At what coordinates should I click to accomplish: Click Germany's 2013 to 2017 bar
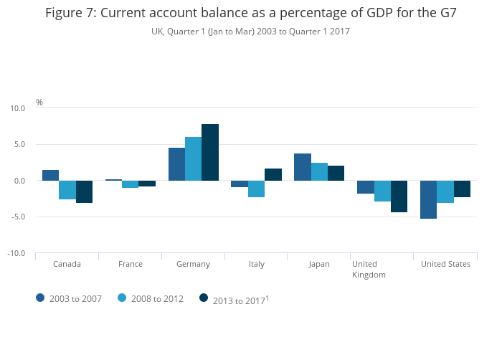point(210,152)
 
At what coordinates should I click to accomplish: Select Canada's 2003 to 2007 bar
point(50,175)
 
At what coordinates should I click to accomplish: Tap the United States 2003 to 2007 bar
point(428,199)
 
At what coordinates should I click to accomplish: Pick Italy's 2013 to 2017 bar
point(273,174)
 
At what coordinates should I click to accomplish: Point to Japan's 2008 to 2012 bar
point(319,171)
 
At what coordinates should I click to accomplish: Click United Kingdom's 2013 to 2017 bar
point(399,196)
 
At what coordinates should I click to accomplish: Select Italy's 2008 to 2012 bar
point(256,189)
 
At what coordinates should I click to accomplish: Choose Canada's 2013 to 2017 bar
point(84,191)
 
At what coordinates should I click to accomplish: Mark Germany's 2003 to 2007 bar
point(176,164)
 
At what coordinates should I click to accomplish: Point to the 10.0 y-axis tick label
point(17,108)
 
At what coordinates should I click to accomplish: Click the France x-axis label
point(131,264)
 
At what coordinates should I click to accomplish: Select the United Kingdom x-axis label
point(369,269)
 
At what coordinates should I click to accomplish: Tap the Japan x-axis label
point(319,264)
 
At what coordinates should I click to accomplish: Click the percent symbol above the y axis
point(39,102)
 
